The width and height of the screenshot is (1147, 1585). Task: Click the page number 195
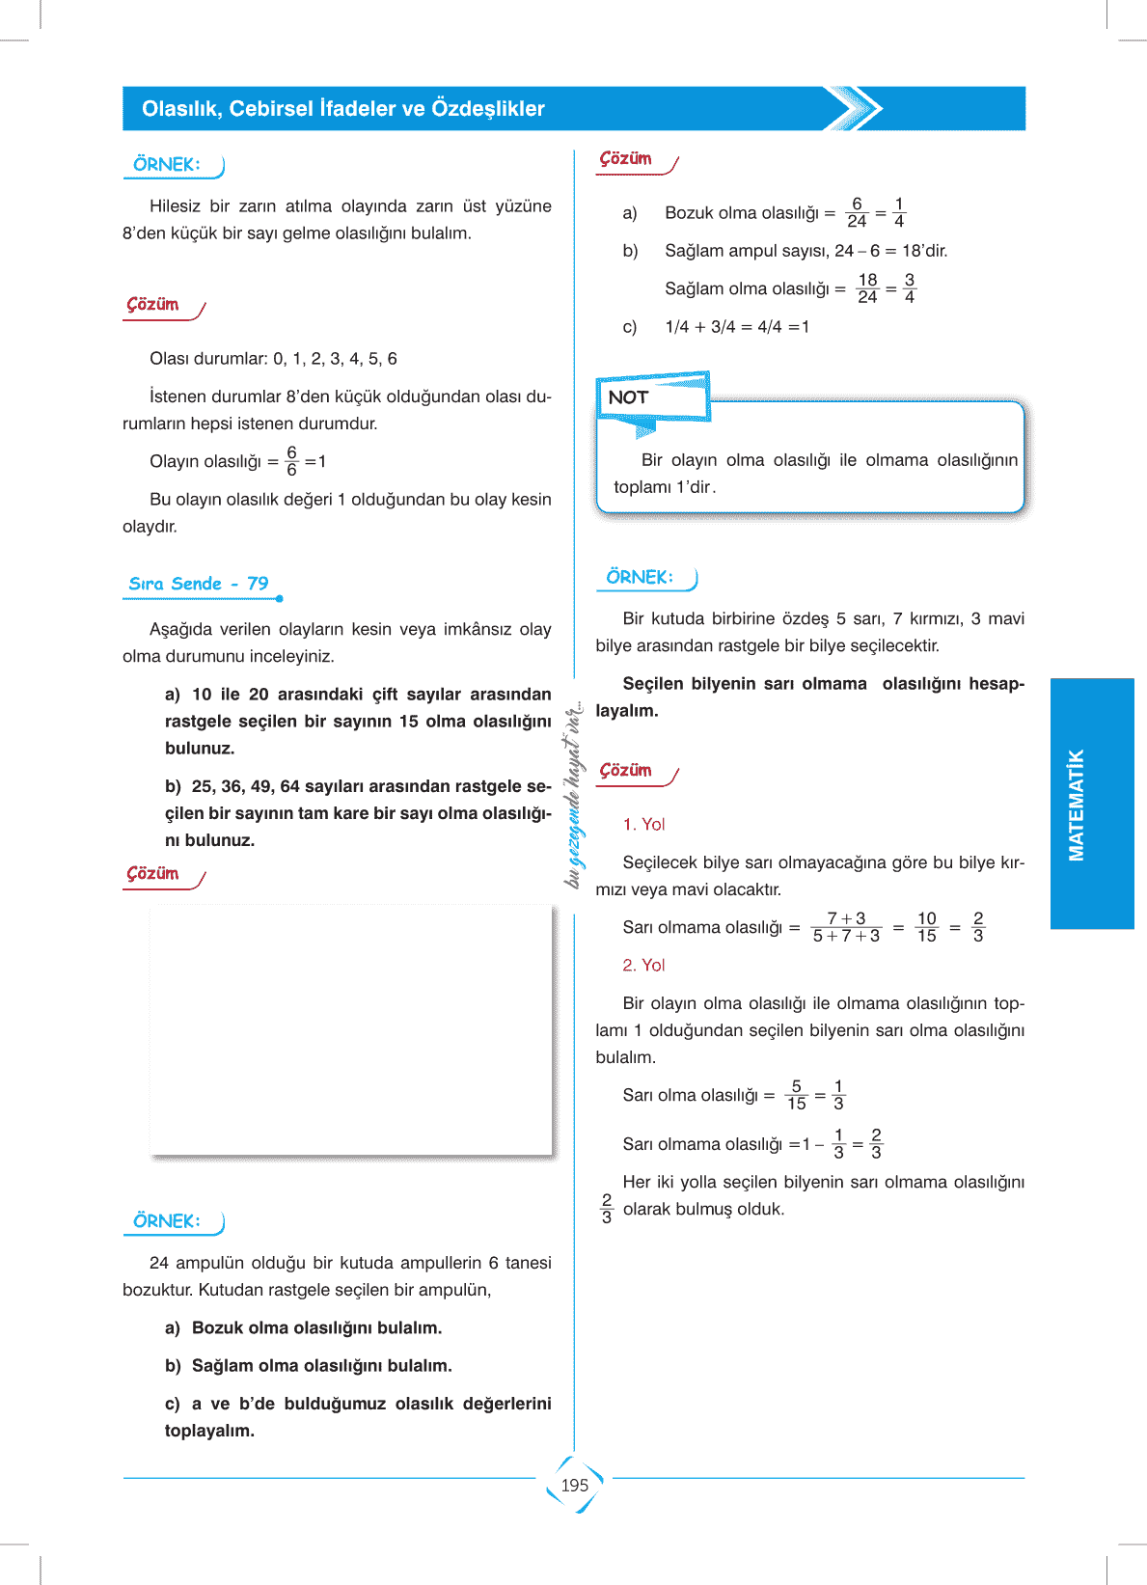[x=574, y=1486]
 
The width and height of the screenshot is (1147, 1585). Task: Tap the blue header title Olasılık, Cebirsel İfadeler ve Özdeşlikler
[x=342, y=109]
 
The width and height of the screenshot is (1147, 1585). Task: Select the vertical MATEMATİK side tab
[x=1077, y=805]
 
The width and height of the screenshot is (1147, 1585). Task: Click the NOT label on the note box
[x=629, y=397]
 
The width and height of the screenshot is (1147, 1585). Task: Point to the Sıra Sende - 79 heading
[x=199, y=584]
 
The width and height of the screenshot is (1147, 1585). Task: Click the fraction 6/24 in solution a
[x=857, y=212]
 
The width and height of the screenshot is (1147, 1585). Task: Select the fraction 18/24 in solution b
[x=867, y=288]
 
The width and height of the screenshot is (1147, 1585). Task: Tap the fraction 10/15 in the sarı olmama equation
[x=926, y=927]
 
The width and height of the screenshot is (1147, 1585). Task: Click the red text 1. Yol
[x=643, y=824]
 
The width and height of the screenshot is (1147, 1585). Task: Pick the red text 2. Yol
[x=643, y=965]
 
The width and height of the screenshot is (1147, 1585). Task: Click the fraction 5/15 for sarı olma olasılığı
[x=796, y=1095]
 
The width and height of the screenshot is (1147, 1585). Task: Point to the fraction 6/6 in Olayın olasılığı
[x=291, y=461]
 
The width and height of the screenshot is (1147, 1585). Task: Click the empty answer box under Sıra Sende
[x=351, y=1028]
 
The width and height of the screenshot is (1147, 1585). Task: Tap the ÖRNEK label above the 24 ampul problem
[x=167, y=1221]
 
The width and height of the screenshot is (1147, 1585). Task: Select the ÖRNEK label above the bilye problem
[x=640, y=577]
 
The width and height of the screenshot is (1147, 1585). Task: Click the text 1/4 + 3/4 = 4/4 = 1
[x=737, y=327]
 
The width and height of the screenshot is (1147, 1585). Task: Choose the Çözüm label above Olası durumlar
[x=153, y=305]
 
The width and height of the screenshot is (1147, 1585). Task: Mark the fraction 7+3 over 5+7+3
[x=846, y=927]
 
